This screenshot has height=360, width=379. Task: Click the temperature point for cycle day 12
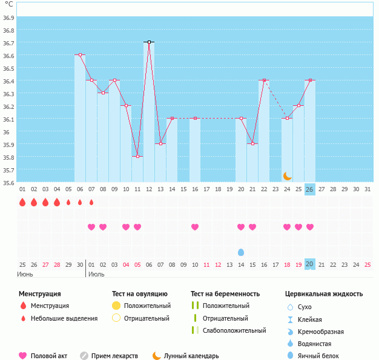click(x=149, y=42)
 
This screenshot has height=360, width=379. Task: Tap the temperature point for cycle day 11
click(x=137, y=157)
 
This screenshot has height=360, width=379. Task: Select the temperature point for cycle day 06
click(x=80, y=55)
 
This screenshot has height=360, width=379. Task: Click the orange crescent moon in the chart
click(x=288, y=175)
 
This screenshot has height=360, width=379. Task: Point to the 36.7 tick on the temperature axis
click(x=8, y=43)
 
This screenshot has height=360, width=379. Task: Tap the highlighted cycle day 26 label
click(x=309, y=189)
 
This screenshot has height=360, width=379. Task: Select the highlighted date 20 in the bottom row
click(x=309, y=264)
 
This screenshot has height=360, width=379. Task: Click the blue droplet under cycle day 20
click(x=241, y=252)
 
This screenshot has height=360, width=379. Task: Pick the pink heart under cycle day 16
click(x=195, y=227)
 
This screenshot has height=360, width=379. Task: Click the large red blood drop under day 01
click(x=22, y=202)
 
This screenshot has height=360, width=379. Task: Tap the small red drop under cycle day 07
click(x=91, y=202)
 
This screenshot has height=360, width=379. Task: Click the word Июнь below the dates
click(x=25, y=274)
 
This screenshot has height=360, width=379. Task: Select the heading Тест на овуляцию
click(x=140, y=294)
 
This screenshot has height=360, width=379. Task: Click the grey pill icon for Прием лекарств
click(x=84, y=356)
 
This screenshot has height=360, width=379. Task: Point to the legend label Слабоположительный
click(x=235, y=330)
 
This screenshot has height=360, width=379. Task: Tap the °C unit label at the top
click(x=8, y=5)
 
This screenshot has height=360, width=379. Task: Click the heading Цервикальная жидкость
click(x=324, y=294)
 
